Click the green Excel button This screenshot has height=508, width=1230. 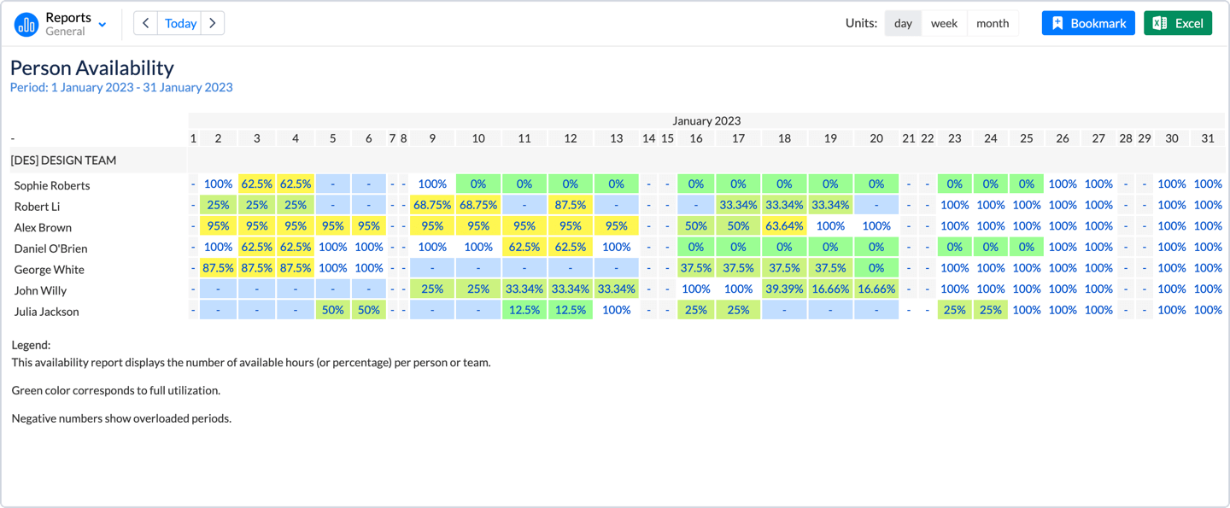click(x=1177, y=23)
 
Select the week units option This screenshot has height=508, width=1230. click(x=944, y=23)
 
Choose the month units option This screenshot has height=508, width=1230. click(x=992, y=23)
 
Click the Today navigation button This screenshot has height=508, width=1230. click(x=180, y=23)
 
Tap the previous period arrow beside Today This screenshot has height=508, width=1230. click(x=145, y=23)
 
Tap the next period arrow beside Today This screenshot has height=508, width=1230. click(x=213, y=23)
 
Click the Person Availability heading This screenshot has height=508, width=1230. click(x=92, y=67)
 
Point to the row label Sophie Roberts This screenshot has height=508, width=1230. click(x=52, y=185)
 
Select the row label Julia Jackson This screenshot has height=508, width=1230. click(x=47, y=312)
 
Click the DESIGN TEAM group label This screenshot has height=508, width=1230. click(x=64, y=161)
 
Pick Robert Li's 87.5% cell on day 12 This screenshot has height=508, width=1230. click(x=570, y=205)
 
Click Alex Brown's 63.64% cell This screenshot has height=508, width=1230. click(x=784, y=226)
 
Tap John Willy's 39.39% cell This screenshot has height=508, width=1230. click(x=784, y=289)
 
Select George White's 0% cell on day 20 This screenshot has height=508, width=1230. click(x=876, y=268)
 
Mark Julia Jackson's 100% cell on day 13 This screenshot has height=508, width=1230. click(x=616, y=310)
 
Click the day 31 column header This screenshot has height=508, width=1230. click(x=1207, y=138)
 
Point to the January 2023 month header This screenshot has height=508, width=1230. click(x=706, y=121)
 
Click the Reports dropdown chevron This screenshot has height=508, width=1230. click(x=102, y=25)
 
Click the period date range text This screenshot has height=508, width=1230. click(x=121, y=87)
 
